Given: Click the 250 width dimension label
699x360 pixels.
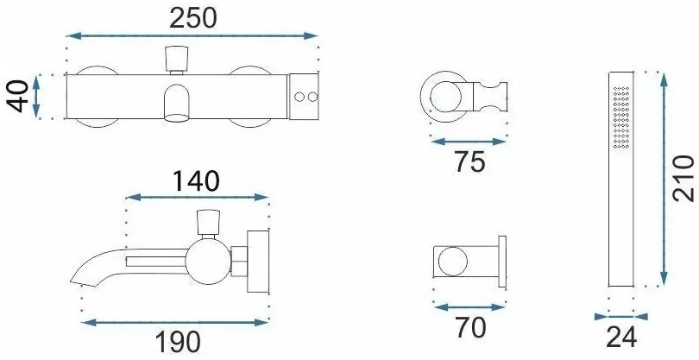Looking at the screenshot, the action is coord(193,18).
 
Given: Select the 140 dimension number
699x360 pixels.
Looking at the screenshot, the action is coord(196,181).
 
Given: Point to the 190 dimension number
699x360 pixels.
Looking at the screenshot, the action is coord(178,343).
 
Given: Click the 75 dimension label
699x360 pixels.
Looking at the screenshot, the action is coord(469,162).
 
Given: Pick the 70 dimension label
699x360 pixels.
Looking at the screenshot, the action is coord(471,328).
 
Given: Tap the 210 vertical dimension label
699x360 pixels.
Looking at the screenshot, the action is coord(683,179).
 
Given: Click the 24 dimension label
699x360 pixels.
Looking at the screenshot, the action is coord(621,338).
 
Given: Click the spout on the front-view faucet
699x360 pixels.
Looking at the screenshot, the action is coord(177,103).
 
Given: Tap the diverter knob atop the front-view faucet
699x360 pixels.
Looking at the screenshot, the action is coord(177,59).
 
